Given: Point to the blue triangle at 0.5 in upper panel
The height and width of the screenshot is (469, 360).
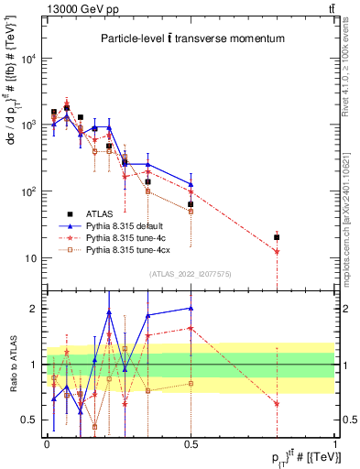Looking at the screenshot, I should [191, 183].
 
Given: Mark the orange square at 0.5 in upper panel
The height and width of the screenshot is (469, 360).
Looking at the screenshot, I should [191, 211].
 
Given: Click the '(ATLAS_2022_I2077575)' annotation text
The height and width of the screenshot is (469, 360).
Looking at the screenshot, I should [191, 274].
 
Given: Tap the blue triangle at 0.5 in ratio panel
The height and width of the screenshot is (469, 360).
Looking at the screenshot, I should [191, 309].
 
